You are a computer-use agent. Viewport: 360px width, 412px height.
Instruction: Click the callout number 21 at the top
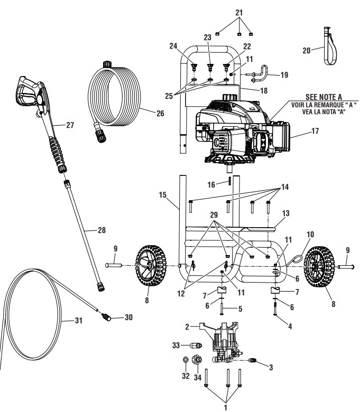coord(239,12)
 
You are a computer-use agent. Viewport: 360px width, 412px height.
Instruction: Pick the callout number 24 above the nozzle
coord(188,45)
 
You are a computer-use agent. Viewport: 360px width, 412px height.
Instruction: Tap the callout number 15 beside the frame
coord(162,195)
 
